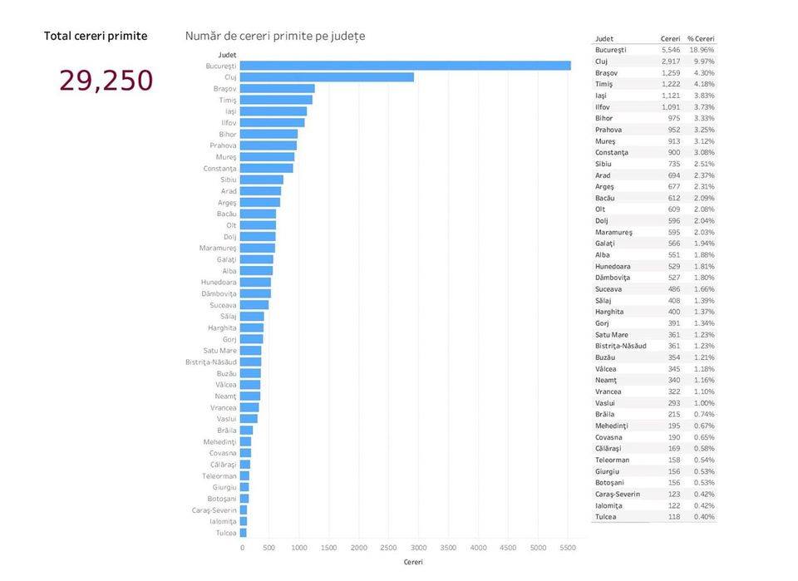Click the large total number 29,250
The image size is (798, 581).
(106, 81)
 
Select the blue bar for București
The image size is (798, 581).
(406, 66)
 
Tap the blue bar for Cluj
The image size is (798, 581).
(328, 77)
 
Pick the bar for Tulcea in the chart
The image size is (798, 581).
(244, 533)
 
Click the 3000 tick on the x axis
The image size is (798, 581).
(418, 548)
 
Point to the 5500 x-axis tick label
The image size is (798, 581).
(568, 548)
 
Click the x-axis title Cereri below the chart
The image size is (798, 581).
(412, 563)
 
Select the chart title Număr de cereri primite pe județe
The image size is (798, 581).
(274, 37)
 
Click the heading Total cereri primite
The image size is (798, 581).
(96, 37)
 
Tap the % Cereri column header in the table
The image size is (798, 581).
(701, 39)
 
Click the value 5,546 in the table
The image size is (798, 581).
(670, 50)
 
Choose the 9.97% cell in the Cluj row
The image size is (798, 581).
(703, 62)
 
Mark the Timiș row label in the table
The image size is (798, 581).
(604, 84)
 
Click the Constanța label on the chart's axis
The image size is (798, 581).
(219, 169)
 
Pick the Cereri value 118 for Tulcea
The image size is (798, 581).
(673, 517)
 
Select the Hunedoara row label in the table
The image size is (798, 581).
(613, 266)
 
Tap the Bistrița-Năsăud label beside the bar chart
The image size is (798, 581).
(211, 362)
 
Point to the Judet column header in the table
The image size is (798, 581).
(605, 39)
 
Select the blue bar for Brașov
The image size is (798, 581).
(278, 89)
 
